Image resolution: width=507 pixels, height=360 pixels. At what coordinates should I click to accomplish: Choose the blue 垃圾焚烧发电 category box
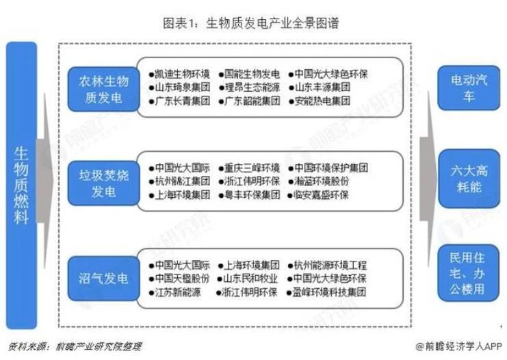(x=101, y=181)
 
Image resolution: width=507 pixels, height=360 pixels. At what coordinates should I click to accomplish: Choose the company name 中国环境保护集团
(x=332, y=168)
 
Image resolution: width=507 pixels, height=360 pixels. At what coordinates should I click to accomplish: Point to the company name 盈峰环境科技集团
(x=332, y=292)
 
